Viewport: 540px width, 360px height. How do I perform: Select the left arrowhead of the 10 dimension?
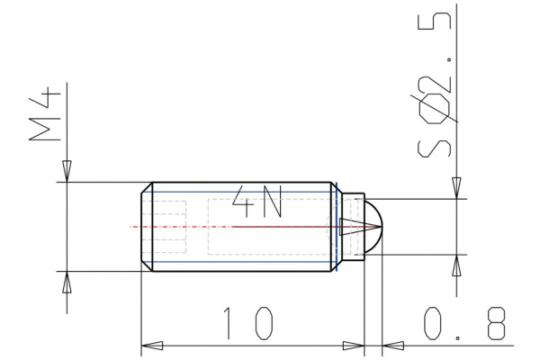(153, 345)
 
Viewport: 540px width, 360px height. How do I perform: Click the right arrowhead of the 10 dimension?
(353, 345)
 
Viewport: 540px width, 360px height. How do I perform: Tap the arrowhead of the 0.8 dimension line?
(393, 345)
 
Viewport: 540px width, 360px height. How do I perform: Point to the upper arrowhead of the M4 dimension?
(66, 171)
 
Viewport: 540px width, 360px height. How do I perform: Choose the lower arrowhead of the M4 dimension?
(66, 282)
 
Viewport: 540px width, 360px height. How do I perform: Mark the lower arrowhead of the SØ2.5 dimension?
(457, 265)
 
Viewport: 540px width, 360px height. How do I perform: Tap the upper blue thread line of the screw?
(243, 192)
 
